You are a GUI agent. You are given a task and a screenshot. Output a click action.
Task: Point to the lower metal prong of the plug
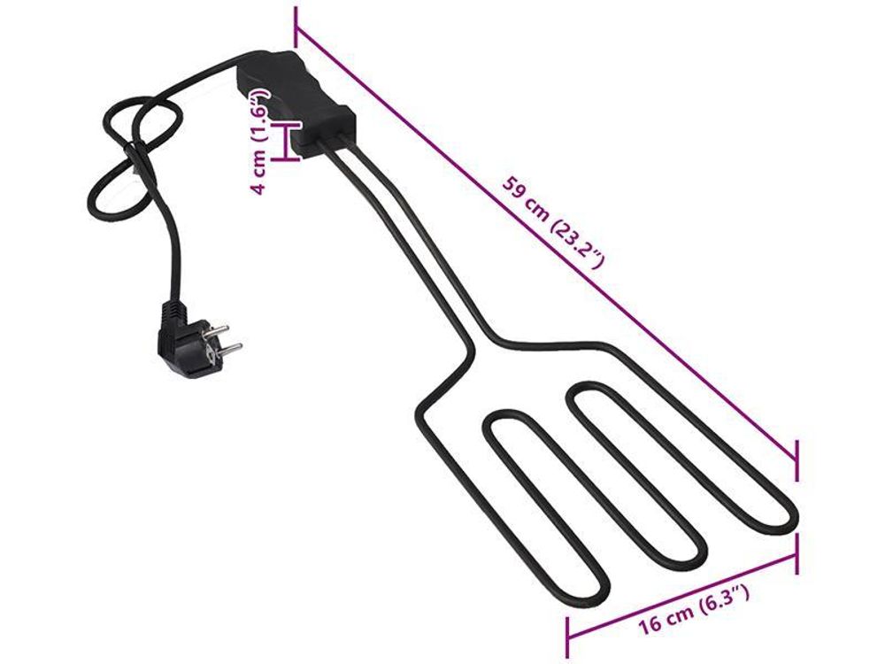(x=227, y=348)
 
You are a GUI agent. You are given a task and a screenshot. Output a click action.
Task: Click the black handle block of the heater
(x=296, y=102)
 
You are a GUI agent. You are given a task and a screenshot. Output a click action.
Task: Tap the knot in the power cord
(x=137, y=153)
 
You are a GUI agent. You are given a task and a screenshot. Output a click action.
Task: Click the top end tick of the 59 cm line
(x=296, y=27)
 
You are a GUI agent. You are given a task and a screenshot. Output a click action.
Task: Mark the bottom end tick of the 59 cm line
(x=796, y=460)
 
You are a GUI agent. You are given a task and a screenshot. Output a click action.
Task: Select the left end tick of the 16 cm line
(x=567, y=637)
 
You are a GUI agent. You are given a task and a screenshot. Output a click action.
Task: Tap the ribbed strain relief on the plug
(x=173, y=312)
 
